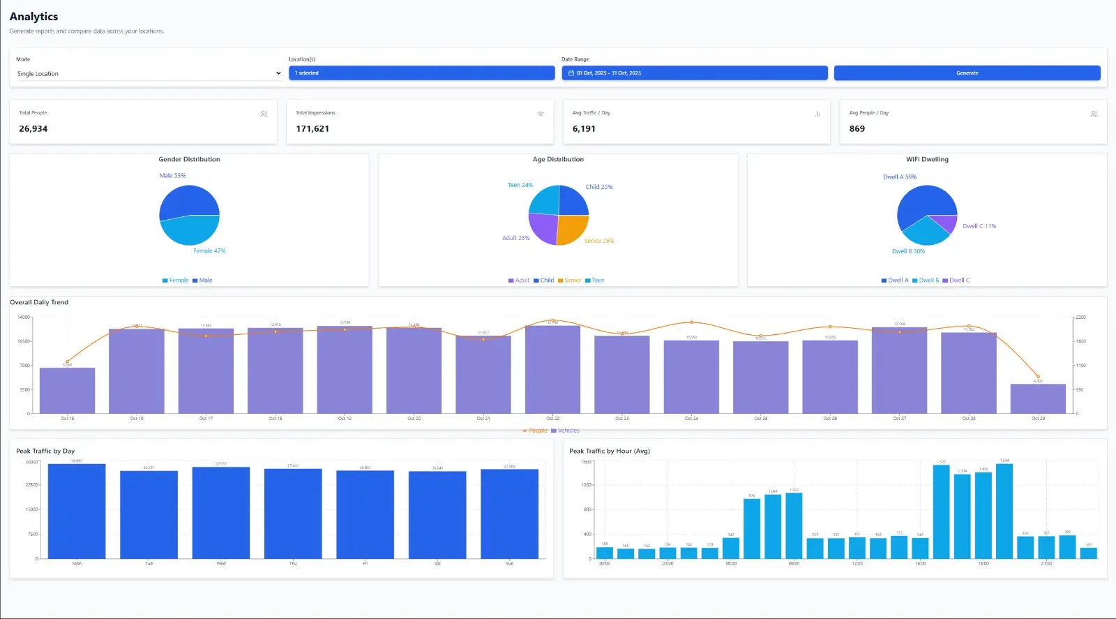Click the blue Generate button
point(967,73)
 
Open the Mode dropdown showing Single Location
point(148,73)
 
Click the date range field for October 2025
point(694,73)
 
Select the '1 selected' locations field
point(421,73)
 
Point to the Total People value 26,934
point(33,128)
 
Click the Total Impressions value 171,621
point(312,128)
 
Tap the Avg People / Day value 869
point(857,128)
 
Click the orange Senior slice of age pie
point(572,229)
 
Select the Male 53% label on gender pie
point(172,176)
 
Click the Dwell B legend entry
point(926,281)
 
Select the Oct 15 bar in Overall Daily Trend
point(67,391)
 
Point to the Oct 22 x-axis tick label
point(552,419)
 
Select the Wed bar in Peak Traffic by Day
point(221,513)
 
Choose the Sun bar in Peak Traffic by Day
point(509,514)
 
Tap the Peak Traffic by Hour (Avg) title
point(610,451)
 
